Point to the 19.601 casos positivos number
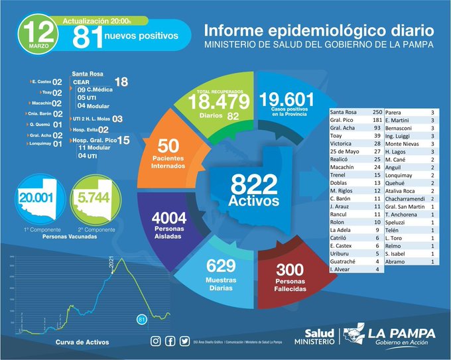click(287, 99)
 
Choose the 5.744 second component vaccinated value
click(92, 197)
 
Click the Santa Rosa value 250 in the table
click(377, 112)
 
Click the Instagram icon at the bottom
click(156, 341)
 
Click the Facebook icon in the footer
click(170, 341)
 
